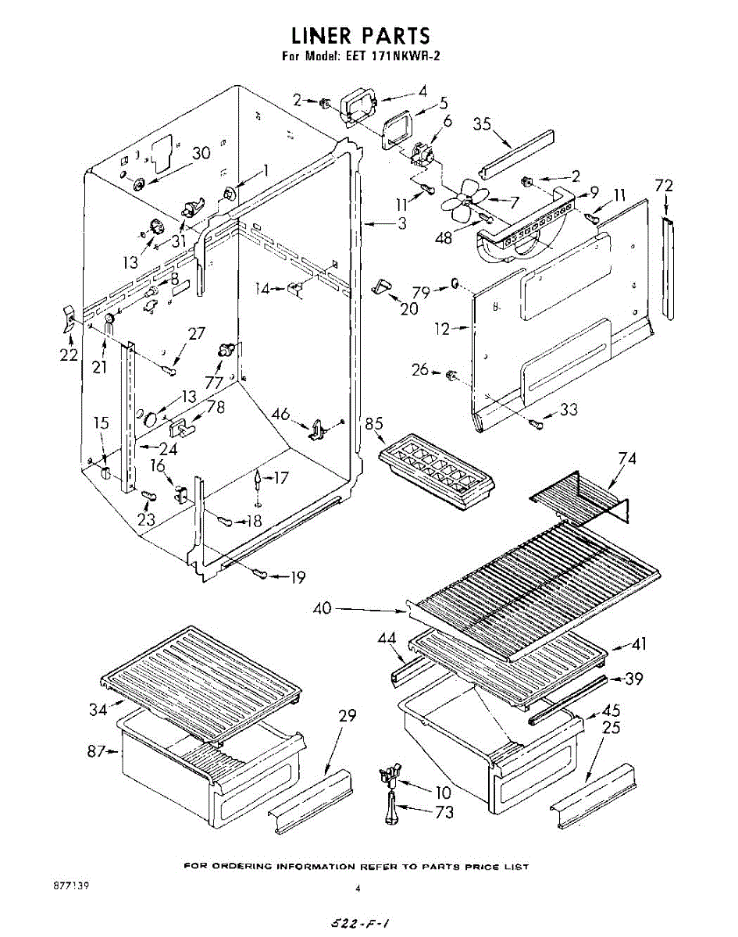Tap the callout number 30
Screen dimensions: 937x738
tap(201, 153)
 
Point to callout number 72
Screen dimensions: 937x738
tap(664, 186)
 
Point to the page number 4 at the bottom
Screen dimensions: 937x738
tap(358, 888)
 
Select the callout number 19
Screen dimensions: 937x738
tap(297, 578)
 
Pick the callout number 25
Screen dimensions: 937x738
tap(612, 728)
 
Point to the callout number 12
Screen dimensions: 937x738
tap(443, 330)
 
